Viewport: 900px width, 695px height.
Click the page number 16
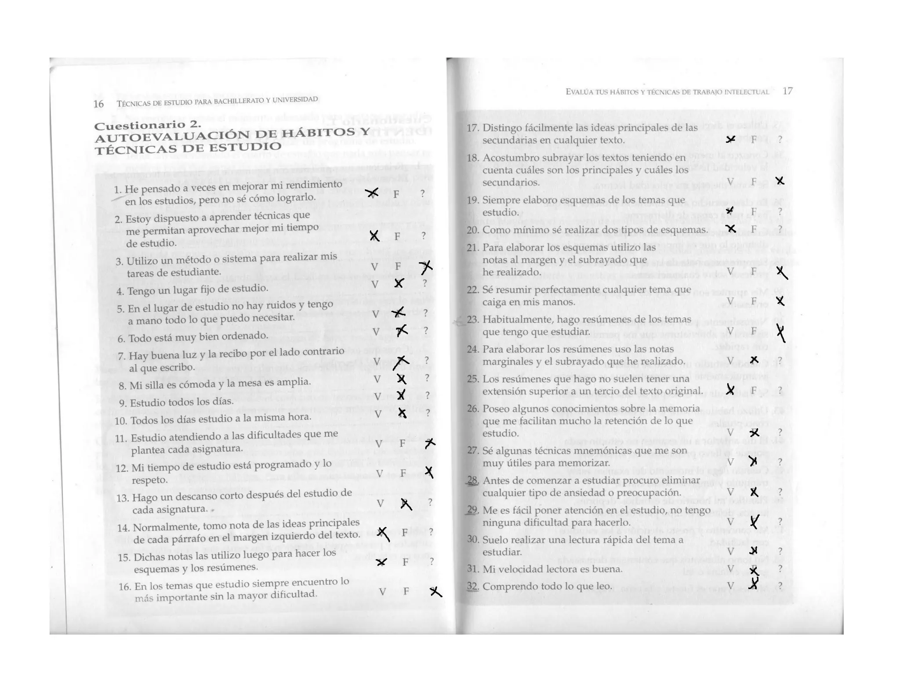pos(98,104)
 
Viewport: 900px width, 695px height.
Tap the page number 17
pos(787,91)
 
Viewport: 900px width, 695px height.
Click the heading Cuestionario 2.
pos(148,125)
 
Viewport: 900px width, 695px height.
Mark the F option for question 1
pos(396,194)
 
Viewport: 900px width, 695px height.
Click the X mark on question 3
pos(426,267)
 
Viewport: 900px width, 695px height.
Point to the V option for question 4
pos(374,285)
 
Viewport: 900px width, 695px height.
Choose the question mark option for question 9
pos(427,395)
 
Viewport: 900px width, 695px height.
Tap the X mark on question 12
pos(429,472)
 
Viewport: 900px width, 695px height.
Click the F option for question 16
pos(406,591)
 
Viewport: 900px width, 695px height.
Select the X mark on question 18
pos(780,181)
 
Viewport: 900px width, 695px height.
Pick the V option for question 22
pos(730,301)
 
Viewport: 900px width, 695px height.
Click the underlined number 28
pos(473,480)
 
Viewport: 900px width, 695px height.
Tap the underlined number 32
pos(473,586)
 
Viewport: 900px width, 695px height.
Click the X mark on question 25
pos(730,389)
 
